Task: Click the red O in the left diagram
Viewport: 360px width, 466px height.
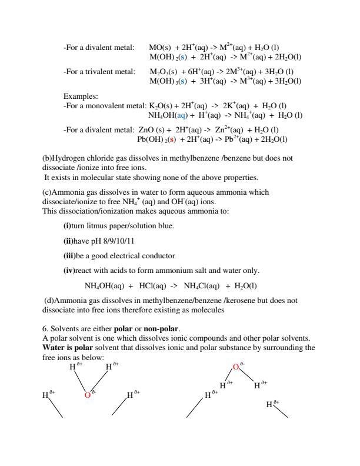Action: [87, 395]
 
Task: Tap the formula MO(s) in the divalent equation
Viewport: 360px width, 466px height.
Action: [160, 46]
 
